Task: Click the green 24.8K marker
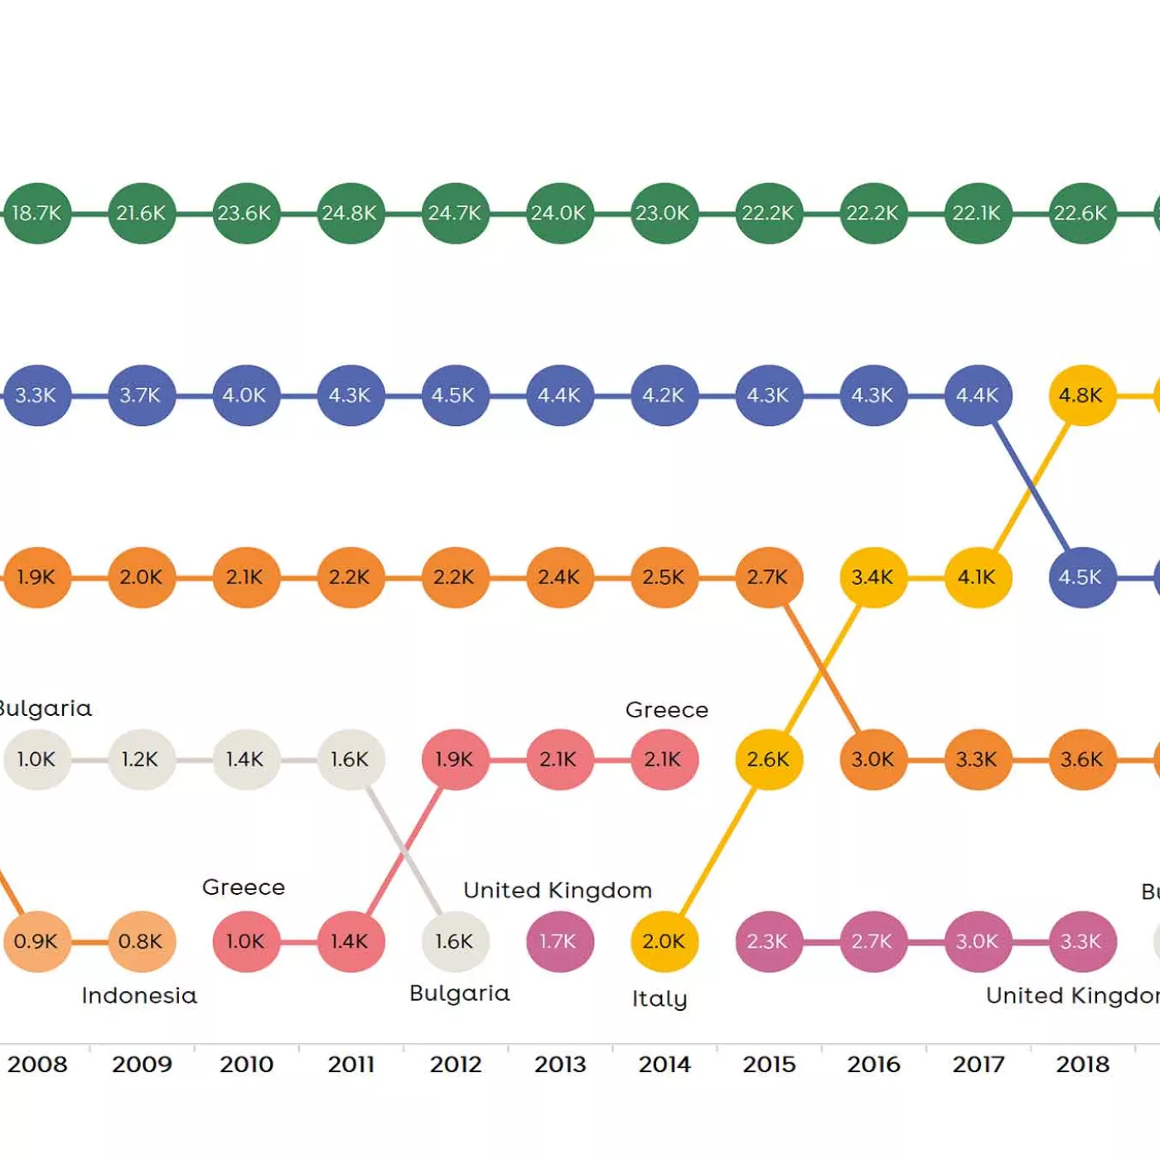pyautogui.click(x=350, y=213)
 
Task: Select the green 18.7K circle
pyautogui.click(x=37, y=213)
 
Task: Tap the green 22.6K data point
pyautogui.click(x=1081, y=213)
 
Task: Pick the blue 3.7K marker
pyautogui.click(x=142, y=395)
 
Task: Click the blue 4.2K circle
pyautogui.click(x=664, y=395)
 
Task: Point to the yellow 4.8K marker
pyautogui.click(x=1081, y=395)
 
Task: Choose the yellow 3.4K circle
pyautogui.click(x=872, y=577)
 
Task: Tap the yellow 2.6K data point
pyautogui.click(x=768, y=759)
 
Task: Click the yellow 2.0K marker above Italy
pyautogui.click(x=664, y=941)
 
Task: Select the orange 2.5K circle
pyautogui.click(x=664, y=577)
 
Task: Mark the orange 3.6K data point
pyautogui.click(x=1081, y=759)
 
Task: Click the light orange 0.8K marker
pyautogui.click(x=142, y=941)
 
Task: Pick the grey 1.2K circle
pyautogui.click(x=142, y=759)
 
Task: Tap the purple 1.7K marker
pyautogui.click(x=560, y=941)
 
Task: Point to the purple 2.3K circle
pyautogui.click(x=768, y=941)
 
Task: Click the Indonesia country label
pyautogui.click(x=139, y=995)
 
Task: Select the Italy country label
pyautogui.click(x=660, y=998)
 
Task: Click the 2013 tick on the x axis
pyautogui.click(x=560, y=1064)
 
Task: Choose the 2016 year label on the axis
pyautogui.click(x=873, y=1064)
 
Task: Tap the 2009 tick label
pyautogui.click(x=142, y=1064)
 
